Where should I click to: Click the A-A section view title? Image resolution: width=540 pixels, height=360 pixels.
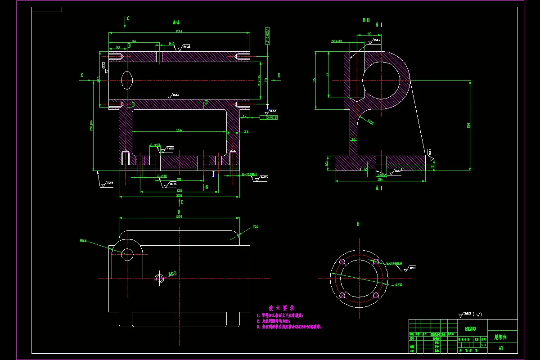pos(176,22)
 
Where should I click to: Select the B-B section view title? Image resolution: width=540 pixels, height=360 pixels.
pos(366,20)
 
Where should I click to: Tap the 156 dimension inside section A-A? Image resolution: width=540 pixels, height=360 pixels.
pos(179,130)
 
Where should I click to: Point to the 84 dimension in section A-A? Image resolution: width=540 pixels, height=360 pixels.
pos(134,41)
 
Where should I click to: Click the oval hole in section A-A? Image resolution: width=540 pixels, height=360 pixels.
pos(127,80)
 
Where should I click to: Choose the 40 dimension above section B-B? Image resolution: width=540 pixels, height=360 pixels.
pos(369,34)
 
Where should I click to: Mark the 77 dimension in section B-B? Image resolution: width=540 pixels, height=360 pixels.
pos(327,74)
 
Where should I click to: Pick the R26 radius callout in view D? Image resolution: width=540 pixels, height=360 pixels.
pos(83,240)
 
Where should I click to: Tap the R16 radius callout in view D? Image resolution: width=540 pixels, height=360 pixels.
pos(255,226)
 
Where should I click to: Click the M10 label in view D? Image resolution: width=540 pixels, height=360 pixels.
pos(172,273)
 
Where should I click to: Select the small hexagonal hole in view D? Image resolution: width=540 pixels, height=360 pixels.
pos(159,278)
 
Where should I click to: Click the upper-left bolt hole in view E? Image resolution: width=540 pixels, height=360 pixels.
pos(342,261)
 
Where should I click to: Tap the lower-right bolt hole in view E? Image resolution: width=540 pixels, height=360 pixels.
pos(376,295)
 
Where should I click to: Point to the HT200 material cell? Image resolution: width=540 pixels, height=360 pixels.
pos(470,329)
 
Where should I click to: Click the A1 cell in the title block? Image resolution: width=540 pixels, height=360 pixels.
pos(501,348)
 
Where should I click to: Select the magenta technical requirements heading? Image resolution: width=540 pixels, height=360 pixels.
pos(281,308)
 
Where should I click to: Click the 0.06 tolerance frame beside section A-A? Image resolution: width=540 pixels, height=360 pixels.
pos(269,118)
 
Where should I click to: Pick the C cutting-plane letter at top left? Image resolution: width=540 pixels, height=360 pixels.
pos(128,18)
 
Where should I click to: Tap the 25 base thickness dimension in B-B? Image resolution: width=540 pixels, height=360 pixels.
pos(327,163)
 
